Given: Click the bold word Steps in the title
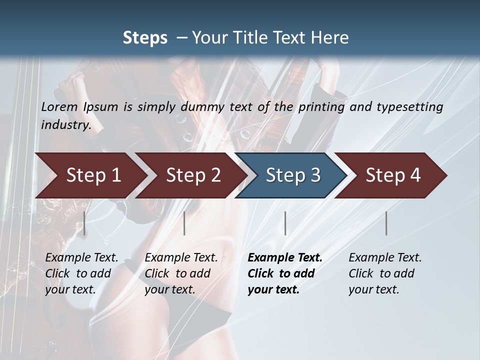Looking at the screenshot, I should [145, 38].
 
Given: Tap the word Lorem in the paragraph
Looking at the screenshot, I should [59, 106].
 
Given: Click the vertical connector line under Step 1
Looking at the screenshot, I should [84, 223].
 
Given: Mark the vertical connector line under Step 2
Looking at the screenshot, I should [184, 223].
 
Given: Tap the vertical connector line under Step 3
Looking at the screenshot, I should [285, 223].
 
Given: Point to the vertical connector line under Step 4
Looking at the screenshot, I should [386, 223].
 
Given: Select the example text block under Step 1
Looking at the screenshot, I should [81, 273].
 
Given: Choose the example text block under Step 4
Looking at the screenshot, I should [385, 273].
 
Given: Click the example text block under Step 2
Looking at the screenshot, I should [181, 273].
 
